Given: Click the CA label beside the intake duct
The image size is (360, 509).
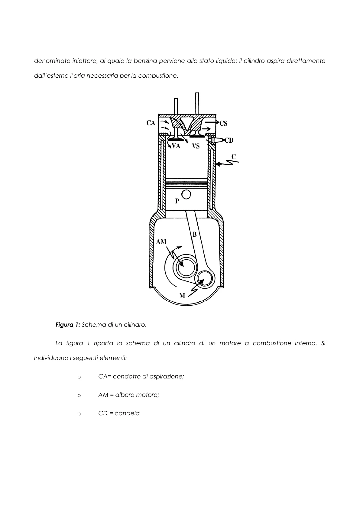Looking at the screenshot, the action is click(x=151, y=123).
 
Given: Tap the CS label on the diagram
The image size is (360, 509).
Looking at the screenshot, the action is click(x=224, y=123).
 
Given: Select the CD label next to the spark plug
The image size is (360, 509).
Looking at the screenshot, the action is click(x=229, y=140).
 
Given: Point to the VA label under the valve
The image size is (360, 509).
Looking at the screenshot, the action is click(x=176, y=146).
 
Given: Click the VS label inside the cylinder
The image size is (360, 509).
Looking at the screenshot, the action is click(x=196, y=146).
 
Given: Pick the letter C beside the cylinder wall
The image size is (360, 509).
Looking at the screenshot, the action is click(x=234, y=157).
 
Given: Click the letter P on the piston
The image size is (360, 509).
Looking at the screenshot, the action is click(x=177, y=201).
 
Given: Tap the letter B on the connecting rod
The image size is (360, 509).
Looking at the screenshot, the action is click(x=195, y=234).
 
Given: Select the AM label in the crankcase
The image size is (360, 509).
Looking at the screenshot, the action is click(x=161, y=242).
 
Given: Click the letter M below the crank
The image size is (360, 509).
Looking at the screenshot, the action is click(x=182, y=296).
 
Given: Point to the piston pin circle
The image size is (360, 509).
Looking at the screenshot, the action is click(x=186, y=195).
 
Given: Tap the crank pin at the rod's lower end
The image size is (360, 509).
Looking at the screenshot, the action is click(x=205, y=279).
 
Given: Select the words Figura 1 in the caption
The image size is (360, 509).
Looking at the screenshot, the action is click(x=68, y=325).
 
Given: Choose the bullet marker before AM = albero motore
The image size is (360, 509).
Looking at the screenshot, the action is click(x=79, y=396).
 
